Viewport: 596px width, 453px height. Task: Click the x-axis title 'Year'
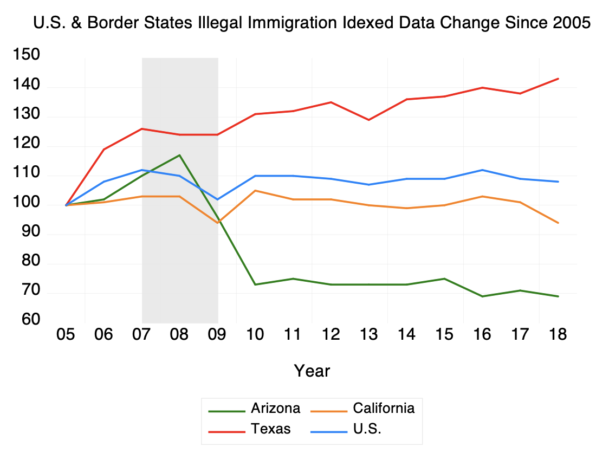312,371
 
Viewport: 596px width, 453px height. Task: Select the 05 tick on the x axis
66,334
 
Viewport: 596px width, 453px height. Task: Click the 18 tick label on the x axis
558,334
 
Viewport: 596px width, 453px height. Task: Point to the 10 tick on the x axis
255,334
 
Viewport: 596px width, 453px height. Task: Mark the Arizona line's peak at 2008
179,156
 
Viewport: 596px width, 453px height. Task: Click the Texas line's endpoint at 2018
558,79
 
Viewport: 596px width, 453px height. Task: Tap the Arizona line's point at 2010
255,284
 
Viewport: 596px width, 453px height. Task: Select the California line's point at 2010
255,191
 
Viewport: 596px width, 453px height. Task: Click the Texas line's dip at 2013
369,120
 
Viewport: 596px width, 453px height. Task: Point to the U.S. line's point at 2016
482,170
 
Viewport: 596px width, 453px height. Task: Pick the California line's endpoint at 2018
558,223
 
